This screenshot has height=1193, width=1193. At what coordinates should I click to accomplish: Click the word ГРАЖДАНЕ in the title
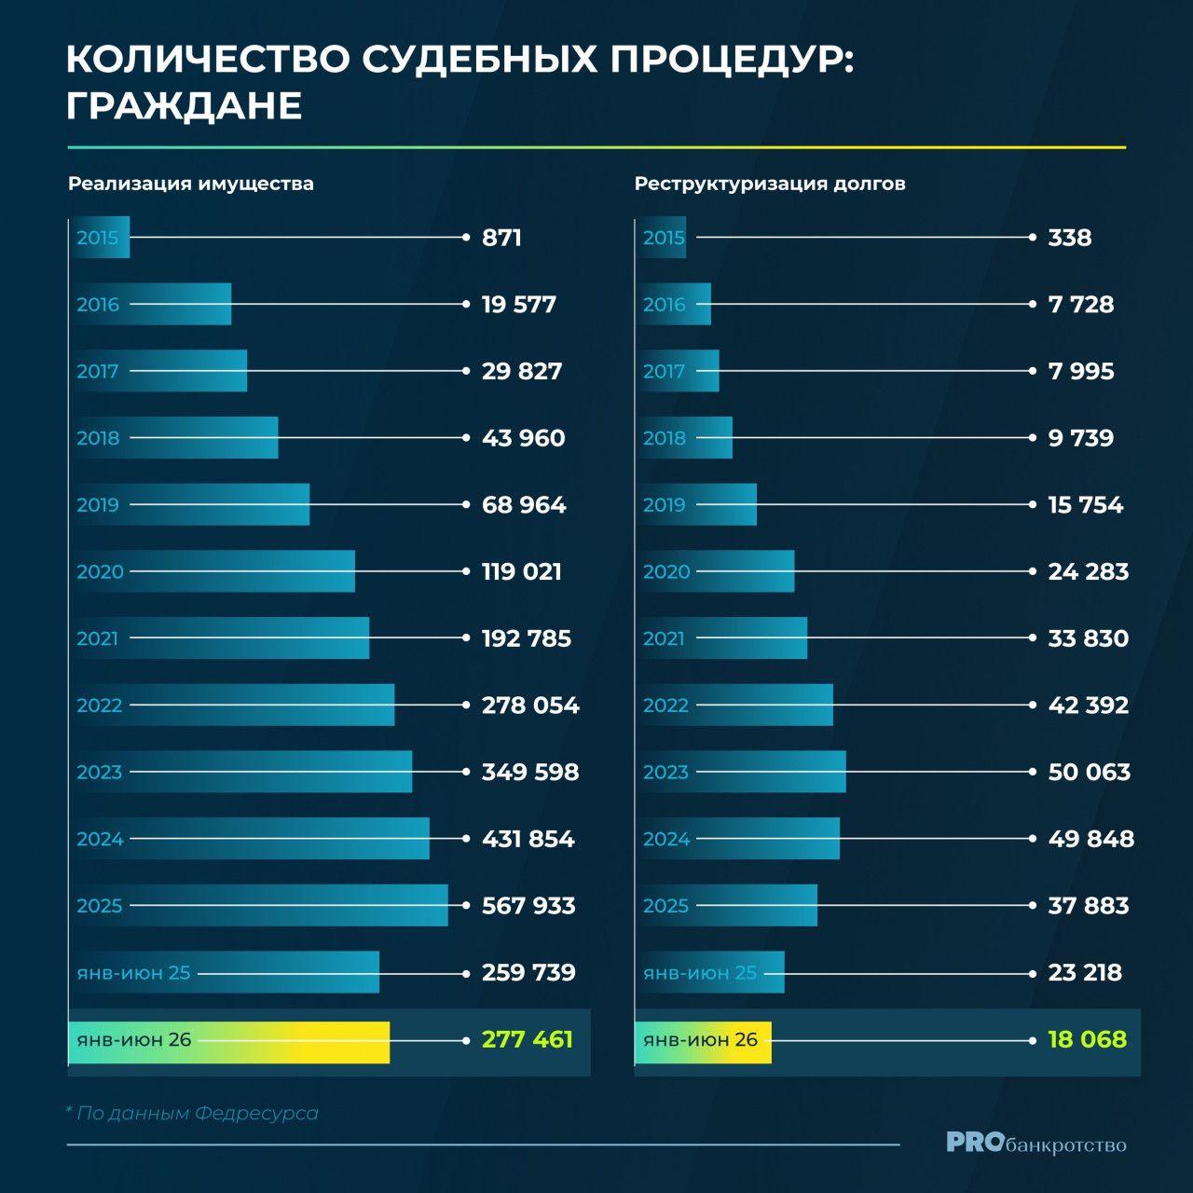point(184,106)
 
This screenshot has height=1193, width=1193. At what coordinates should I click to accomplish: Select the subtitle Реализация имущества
point(191,184)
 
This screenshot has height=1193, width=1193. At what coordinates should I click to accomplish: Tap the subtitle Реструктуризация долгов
point(770,184)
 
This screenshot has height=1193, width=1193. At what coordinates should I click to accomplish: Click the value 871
point(501,238)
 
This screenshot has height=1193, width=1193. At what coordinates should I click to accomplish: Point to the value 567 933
point(528,906)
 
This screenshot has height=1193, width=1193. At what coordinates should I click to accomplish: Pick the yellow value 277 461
point(528,1039)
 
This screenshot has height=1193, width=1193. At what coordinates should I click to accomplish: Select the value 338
point(1070,238)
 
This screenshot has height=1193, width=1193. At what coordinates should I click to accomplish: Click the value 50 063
point(1089,772)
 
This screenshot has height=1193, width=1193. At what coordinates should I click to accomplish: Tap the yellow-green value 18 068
point(1087,1039)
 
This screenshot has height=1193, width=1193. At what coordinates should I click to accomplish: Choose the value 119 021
point(522,571)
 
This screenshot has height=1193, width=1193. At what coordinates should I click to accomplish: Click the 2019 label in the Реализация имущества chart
point(98,504)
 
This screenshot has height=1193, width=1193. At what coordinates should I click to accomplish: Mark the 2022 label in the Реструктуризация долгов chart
point(665,706)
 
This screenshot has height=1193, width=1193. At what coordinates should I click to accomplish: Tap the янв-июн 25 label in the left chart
point(133,973)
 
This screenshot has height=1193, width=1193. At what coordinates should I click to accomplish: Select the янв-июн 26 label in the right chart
point(700,1039)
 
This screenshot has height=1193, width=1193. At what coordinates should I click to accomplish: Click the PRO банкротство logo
point(1036,1143)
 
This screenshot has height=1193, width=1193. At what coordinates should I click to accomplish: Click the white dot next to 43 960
point(466,438)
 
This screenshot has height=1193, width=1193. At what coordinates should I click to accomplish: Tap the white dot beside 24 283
point(1033,571)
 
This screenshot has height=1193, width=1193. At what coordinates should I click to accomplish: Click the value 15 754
point(1085,504)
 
